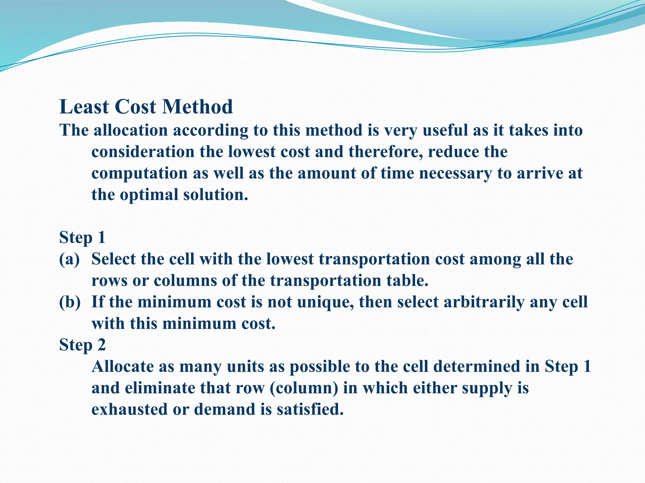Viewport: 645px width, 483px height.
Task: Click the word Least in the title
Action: (x=84, y=107)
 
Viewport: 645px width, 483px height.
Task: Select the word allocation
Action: (x=130, y=130)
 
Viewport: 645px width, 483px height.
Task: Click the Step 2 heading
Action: (x=83, y=345)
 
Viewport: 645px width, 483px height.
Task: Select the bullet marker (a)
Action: (x=69, y=259)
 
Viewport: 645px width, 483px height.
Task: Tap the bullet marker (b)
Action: (x=70, y=302)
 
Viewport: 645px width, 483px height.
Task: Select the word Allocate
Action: (x=123, y=367)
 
